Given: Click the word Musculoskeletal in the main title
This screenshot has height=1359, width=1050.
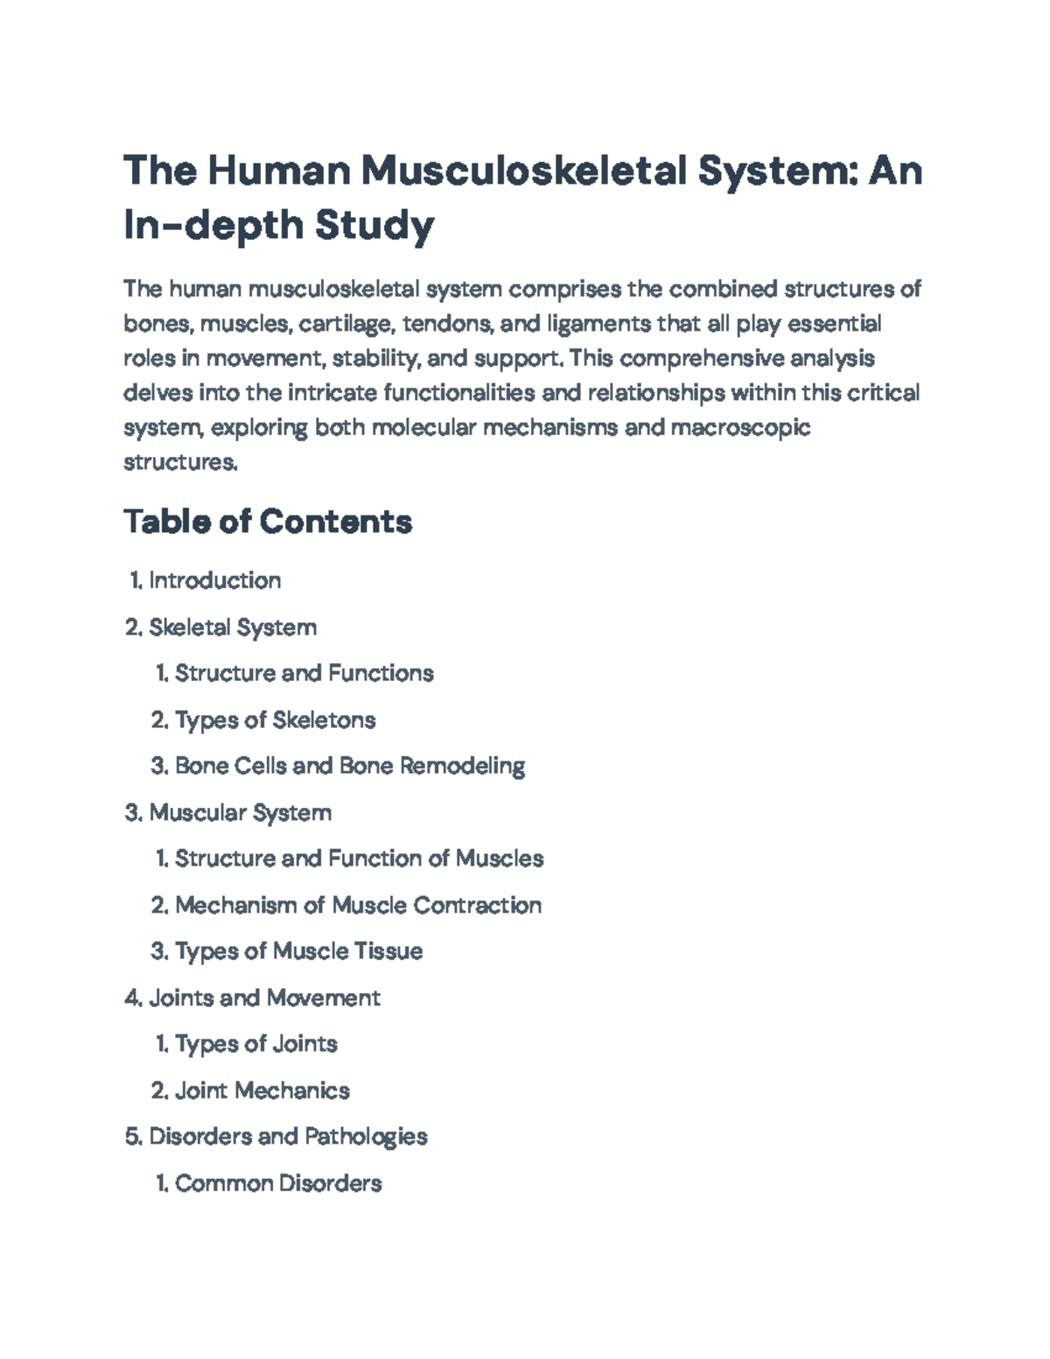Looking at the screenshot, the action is coord(522,170).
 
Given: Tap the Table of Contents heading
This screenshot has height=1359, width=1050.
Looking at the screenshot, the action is coord(268,522).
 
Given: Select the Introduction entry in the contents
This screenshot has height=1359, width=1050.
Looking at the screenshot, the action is coord(214,580).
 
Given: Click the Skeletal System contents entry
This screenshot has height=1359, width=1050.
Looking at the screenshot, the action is coord(233,627).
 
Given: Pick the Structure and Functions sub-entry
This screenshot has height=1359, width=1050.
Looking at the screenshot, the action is coord(304,673).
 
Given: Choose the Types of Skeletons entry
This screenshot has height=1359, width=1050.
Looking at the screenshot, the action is coord(275,720).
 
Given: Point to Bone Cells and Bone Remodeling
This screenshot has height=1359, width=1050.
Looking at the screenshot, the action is coord(349,766).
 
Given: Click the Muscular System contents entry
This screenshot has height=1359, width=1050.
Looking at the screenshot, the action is coord(240,813).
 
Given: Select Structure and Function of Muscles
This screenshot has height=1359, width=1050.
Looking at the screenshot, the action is coord(359,858).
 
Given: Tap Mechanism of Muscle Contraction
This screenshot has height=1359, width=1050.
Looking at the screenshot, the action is coord(358,905).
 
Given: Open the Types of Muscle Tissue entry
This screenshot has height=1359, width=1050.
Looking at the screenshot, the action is coord(298,951).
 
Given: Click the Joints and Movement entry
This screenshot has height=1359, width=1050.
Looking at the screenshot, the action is coord(264,998).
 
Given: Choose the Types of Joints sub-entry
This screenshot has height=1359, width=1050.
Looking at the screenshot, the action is coord(255,1044).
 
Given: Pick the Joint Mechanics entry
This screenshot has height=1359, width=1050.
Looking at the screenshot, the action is coord(262,1090).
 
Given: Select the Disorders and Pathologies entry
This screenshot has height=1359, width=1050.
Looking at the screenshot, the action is coord(288,1137).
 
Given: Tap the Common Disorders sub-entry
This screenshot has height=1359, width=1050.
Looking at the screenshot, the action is coord(278,1184).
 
